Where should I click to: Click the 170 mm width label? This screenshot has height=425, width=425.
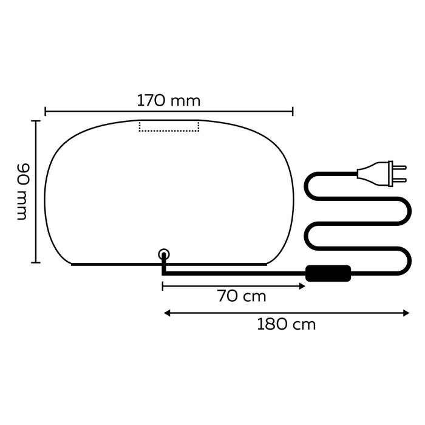point(168,100)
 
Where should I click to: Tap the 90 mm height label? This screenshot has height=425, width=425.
point(22,191)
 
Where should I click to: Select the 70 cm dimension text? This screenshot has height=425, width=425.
point(241,296)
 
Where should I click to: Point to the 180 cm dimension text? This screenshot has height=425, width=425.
point(286,324)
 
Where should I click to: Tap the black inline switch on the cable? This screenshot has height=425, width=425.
point(328,273)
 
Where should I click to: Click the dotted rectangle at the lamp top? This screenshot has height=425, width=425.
point(169,126)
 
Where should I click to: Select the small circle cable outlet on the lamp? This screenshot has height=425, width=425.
point(163,254)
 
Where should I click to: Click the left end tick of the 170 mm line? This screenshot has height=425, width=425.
point(46,111)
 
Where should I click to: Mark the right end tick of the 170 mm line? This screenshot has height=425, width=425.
point(293,111)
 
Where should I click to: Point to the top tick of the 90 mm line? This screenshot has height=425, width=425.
point(36,121)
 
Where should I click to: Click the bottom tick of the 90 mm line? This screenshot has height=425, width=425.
point(36,262)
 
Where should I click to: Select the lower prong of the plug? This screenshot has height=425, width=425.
point(399,180)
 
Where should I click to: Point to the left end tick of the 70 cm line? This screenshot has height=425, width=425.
point(163,285)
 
